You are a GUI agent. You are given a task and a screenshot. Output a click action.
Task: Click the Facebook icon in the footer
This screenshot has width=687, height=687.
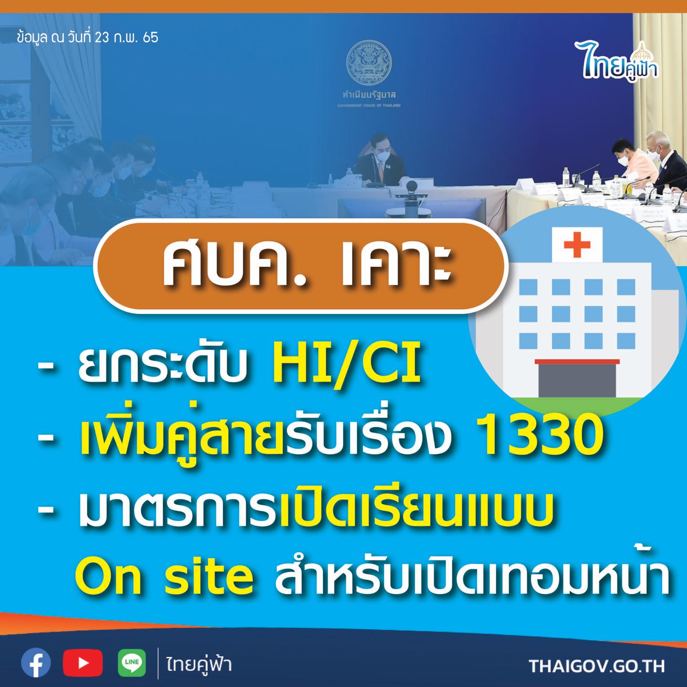36,663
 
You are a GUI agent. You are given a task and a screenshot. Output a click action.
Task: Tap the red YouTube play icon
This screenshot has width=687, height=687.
83,663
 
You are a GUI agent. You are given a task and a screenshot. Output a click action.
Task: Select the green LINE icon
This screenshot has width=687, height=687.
132,663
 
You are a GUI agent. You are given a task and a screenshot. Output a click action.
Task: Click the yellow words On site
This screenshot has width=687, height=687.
165,577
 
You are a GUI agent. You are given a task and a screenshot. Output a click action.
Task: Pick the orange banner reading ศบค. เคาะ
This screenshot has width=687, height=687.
300,266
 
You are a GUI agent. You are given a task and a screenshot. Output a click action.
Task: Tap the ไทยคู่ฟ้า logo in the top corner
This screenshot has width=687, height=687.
616,62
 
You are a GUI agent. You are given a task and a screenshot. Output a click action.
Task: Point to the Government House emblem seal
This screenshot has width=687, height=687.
369,62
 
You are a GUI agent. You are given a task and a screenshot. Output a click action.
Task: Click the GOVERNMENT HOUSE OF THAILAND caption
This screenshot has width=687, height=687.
369,105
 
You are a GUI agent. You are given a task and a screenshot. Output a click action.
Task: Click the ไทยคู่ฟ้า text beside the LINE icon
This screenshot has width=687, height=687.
199,664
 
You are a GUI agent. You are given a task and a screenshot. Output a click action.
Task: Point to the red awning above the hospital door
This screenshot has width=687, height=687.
577,362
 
